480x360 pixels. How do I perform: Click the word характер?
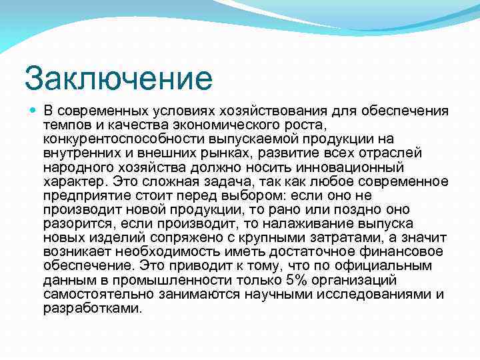(73, 181)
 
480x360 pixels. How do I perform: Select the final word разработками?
(92, 308)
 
